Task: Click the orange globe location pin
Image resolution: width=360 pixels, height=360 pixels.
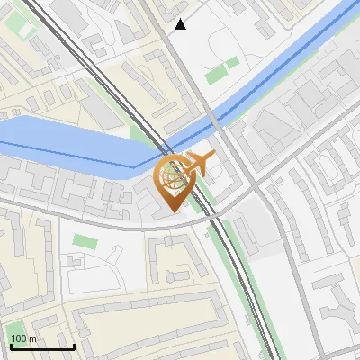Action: pos(174,181)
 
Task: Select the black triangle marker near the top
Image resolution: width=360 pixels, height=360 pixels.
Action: pos(181,24)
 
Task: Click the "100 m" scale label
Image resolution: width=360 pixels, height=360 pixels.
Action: pos(23,338)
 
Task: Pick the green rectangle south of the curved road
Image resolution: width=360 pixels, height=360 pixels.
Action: pos(84,242)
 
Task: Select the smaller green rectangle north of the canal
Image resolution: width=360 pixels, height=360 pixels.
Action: pos(233,63)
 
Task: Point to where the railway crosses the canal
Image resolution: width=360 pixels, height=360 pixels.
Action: pos(166,148)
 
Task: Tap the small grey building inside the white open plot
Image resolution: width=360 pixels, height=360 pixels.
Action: pos(76,262)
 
